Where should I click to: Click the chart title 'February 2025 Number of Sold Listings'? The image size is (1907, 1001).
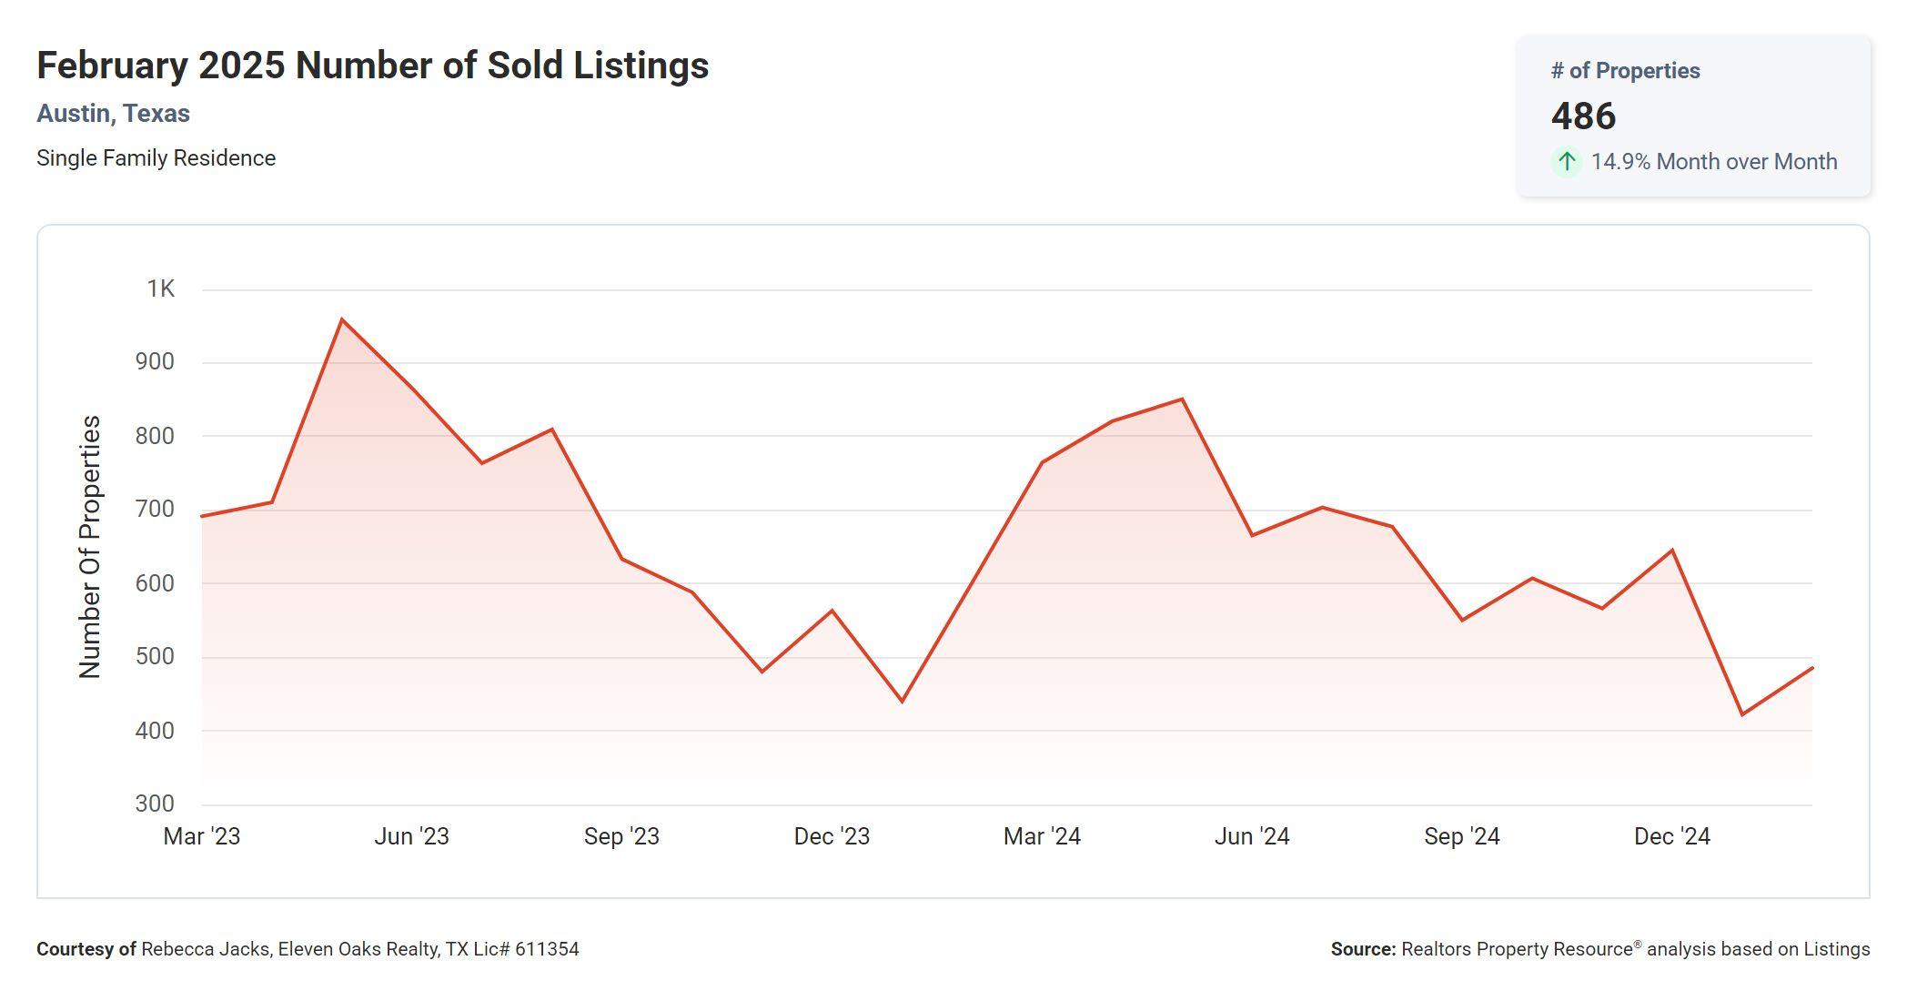point(372,66)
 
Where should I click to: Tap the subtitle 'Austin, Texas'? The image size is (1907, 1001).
point(113,114)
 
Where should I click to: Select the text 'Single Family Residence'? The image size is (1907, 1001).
point(156,158)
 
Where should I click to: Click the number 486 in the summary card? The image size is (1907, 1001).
point(1583,116)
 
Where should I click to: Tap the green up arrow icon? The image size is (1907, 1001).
point(1566,162)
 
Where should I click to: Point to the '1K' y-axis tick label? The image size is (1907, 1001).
point(160,289)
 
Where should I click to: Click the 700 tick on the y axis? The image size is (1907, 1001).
point(155,510)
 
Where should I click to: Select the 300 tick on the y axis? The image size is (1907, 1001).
point(155,804)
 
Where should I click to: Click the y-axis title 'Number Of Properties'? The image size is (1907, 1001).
point(90,546)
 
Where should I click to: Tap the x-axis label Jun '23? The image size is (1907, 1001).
point(411,836)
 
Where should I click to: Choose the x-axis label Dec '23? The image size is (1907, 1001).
point(832,836)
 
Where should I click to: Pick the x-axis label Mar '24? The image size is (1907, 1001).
point(1042,836)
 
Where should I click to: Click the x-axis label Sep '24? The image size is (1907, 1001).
point(1462,836)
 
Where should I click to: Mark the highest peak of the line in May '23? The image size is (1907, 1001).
point(341,319)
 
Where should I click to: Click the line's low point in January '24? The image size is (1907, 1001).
point(902,701)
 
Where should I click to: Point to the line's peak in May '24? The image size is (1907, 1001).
point(1182,399)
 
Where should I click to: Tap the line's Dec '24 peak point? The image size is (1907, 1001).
point(1672,551)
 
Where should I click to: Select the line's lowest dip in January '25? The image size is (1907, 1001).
point(1742,714)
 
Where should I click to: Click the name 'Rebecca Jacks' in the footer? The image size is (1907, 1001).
point(206,949)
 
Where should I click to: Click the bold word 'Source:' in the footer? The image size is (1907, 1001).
point(1363,949)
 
